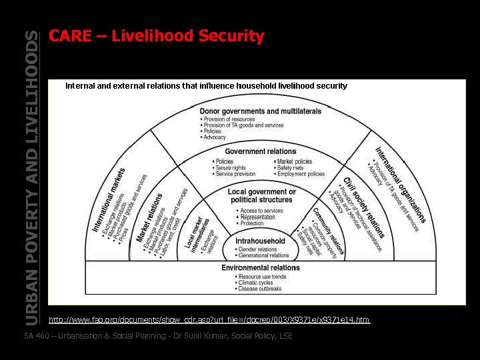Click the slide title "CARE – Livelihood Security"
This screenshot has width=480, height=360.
click(157, 36)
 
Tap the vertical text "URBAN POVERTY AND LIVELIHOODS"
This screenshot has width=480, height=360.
click(31, 177)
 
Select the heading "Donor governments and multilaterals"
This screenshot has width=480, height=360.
click(260, 111)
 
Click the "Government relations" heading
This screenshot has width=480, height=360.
click(260, 152)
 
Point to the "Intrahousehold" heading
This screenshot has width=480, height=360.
click(260, 241)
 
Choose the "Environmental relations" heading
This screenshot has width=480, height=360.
click(260, 268)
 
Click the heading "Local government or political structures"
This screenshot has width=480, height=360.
click(261, 195)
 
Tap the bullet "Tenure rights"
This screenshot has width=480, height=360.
click(231, 168)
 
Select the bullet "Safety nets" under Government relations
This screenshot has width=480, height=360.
click(290, 168)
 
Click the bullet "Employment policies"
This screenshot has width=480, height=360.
click(301, 174)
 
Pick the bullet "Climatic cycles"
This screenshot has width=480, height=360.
click(255, 283)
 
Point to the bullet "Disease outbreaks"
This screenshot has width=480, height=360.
click(260, 289)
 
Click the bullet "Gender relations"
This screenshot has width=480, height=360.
click(257, 249)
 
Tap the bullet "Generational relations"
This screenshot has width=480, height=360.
click(264, 255)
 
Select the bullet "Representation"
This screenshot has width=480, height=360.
click(257, 217)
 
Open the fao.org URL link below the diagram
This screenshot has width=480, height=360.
click(209, 321)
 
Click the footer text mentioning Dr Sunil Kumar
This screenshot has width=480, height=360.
click(158, 335)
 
